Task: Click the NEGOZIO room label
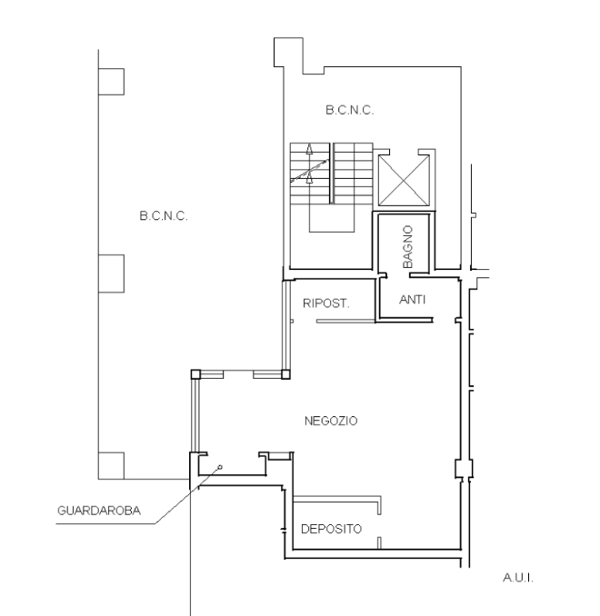point(331,422)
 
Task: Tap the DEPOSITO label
point(331,529)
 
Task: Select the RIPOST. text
point(326,303)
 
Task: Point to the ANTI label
point(413,300)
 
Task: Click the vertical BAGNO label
point(408,247)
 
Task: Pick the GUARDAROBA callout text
point(99,511)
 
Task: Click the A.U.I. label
point(518,578)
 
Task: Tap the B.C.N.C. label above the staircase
point(349,110)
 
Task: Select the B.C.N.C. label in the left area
point(164,215)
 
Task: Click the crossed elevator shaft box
point(404,180)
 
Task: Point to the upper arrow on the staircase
point(309,149)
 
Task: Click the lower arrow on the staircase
point(309,177)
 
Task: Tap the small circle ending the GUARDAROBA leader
point(220,467)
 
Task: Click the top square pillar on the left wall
point(111,82)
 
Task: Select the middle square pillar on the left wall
point(111,273)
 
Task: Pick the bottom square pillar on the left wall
point(111,465)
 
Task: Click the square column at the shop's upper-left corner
point(195,374)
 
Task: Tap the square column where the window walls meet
point(285,374)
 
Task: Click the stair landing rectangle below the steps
point(332,218)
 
